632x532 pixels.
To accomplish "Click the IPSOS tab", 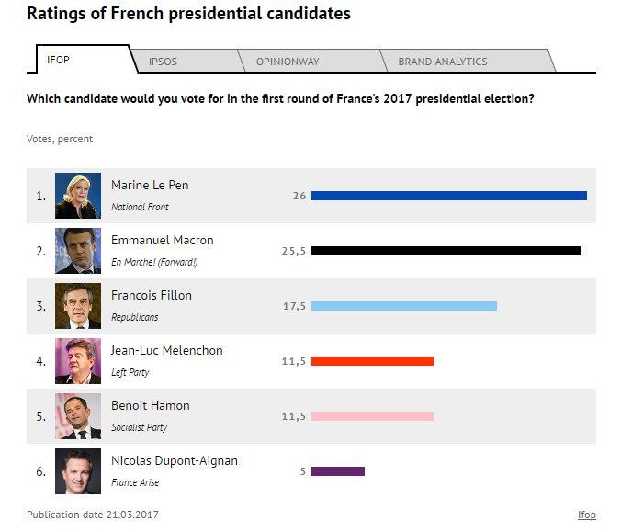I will coord(163,62).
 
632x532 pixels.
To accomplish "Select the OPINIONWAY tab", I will coord(288,62).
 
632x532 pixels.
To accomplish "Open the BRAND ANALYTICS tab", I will coord(442,62).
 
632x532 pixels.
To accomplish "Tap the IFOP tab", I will coord(58,60).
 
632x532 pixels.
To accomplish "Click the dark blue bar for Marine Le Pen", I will coord(448,196).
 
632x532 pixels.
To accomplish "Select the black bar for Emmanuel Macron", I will coord(446,251).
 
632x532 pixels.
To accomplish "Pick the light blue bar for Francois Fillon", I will coord(403,306).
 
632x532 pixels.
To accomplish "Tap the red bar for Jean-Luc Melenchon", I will coord(372,361).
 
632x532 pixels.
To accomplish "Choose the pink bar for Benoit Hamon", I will coord(372,416).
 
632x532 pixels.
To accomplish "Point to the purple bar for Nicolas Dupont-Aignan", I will coord(338,471).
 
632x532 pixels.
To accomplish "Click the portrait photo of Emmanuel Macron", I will coord(78,251).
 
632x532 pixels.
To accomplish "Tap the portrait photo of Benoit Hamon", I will coord(78,416).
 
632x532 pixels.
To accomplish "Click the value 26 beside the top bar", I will coord(299,196).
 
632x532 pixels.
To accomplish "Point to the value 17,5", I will coord(294,306).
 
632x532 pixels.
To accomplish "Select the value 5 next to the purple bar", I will coord(302,471).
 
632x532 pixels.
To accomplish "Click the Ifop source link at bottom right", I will coord(586,515).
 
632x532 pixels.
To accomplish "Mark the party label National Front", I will coord(140,208).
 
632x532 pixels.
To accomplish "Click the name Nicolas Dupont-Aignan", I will coord(174,460).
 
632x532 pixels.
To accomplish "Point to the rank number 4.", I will coord(40,361).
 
